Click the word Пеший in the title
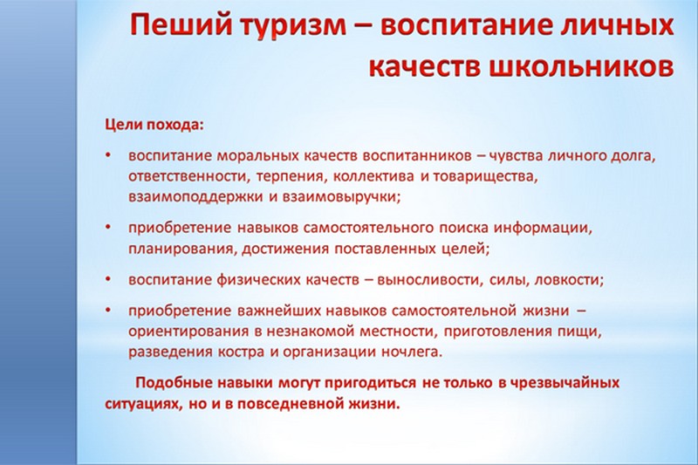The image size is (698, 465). coord(181,26)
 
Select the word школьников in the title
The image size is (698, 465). coord(581,68)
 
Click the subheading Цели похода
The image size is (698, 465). coord(154,125)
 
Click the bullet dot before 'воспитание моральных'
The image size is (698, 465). coord(107,156)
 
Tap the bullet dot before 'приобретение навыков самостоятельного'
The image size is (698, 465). coord(107,227)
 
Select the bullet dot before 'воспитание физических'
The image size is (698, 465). coord(107,279)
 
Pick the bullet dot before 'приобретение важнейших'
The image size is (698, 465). coord(107,311)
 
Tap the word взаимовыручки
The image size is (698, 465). coord(341,197)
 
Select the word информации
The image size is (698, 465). coord(543,228)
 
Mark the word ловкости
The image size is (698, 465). coord(569,280)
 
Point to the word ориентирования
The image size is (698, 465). coord(188,332)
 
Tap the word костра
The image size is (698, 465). coord(241,352)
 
